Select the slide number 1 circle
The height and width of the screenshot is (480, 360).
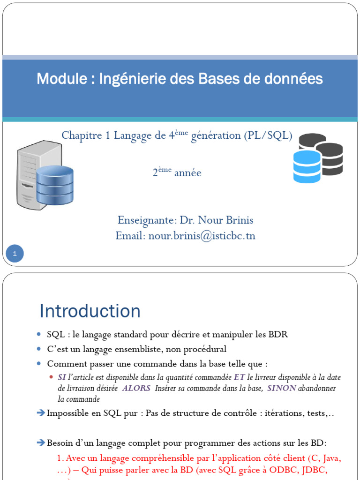pos(15,254)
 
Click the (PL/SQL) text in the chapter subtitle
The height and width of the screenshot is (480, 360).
pos(268,135)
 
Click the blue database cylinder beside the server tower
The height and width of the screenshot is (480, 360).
pos(55,185)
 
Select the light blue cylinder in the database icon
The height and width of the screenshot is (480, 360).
pos(307,166)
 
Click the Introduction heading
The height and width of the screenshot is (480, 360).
pos(90,311)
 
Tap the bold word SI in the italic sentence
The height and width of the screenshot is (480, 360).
pos(62,378)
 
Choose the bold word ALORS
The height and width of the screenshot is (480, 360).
pos(136,388)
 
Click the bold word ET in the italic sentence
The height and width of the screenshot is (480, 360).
pos(239,378)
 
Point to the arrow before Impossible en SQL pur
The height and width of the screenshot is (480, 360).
pos(42,413)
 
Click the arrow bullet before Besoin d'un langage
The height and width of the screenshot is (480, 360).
pos(42,443)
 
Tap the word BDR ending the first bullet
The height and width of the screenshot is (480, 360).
pos(277,335)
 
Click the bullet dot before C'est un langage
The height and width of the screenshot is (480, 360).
pos(39,349)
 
